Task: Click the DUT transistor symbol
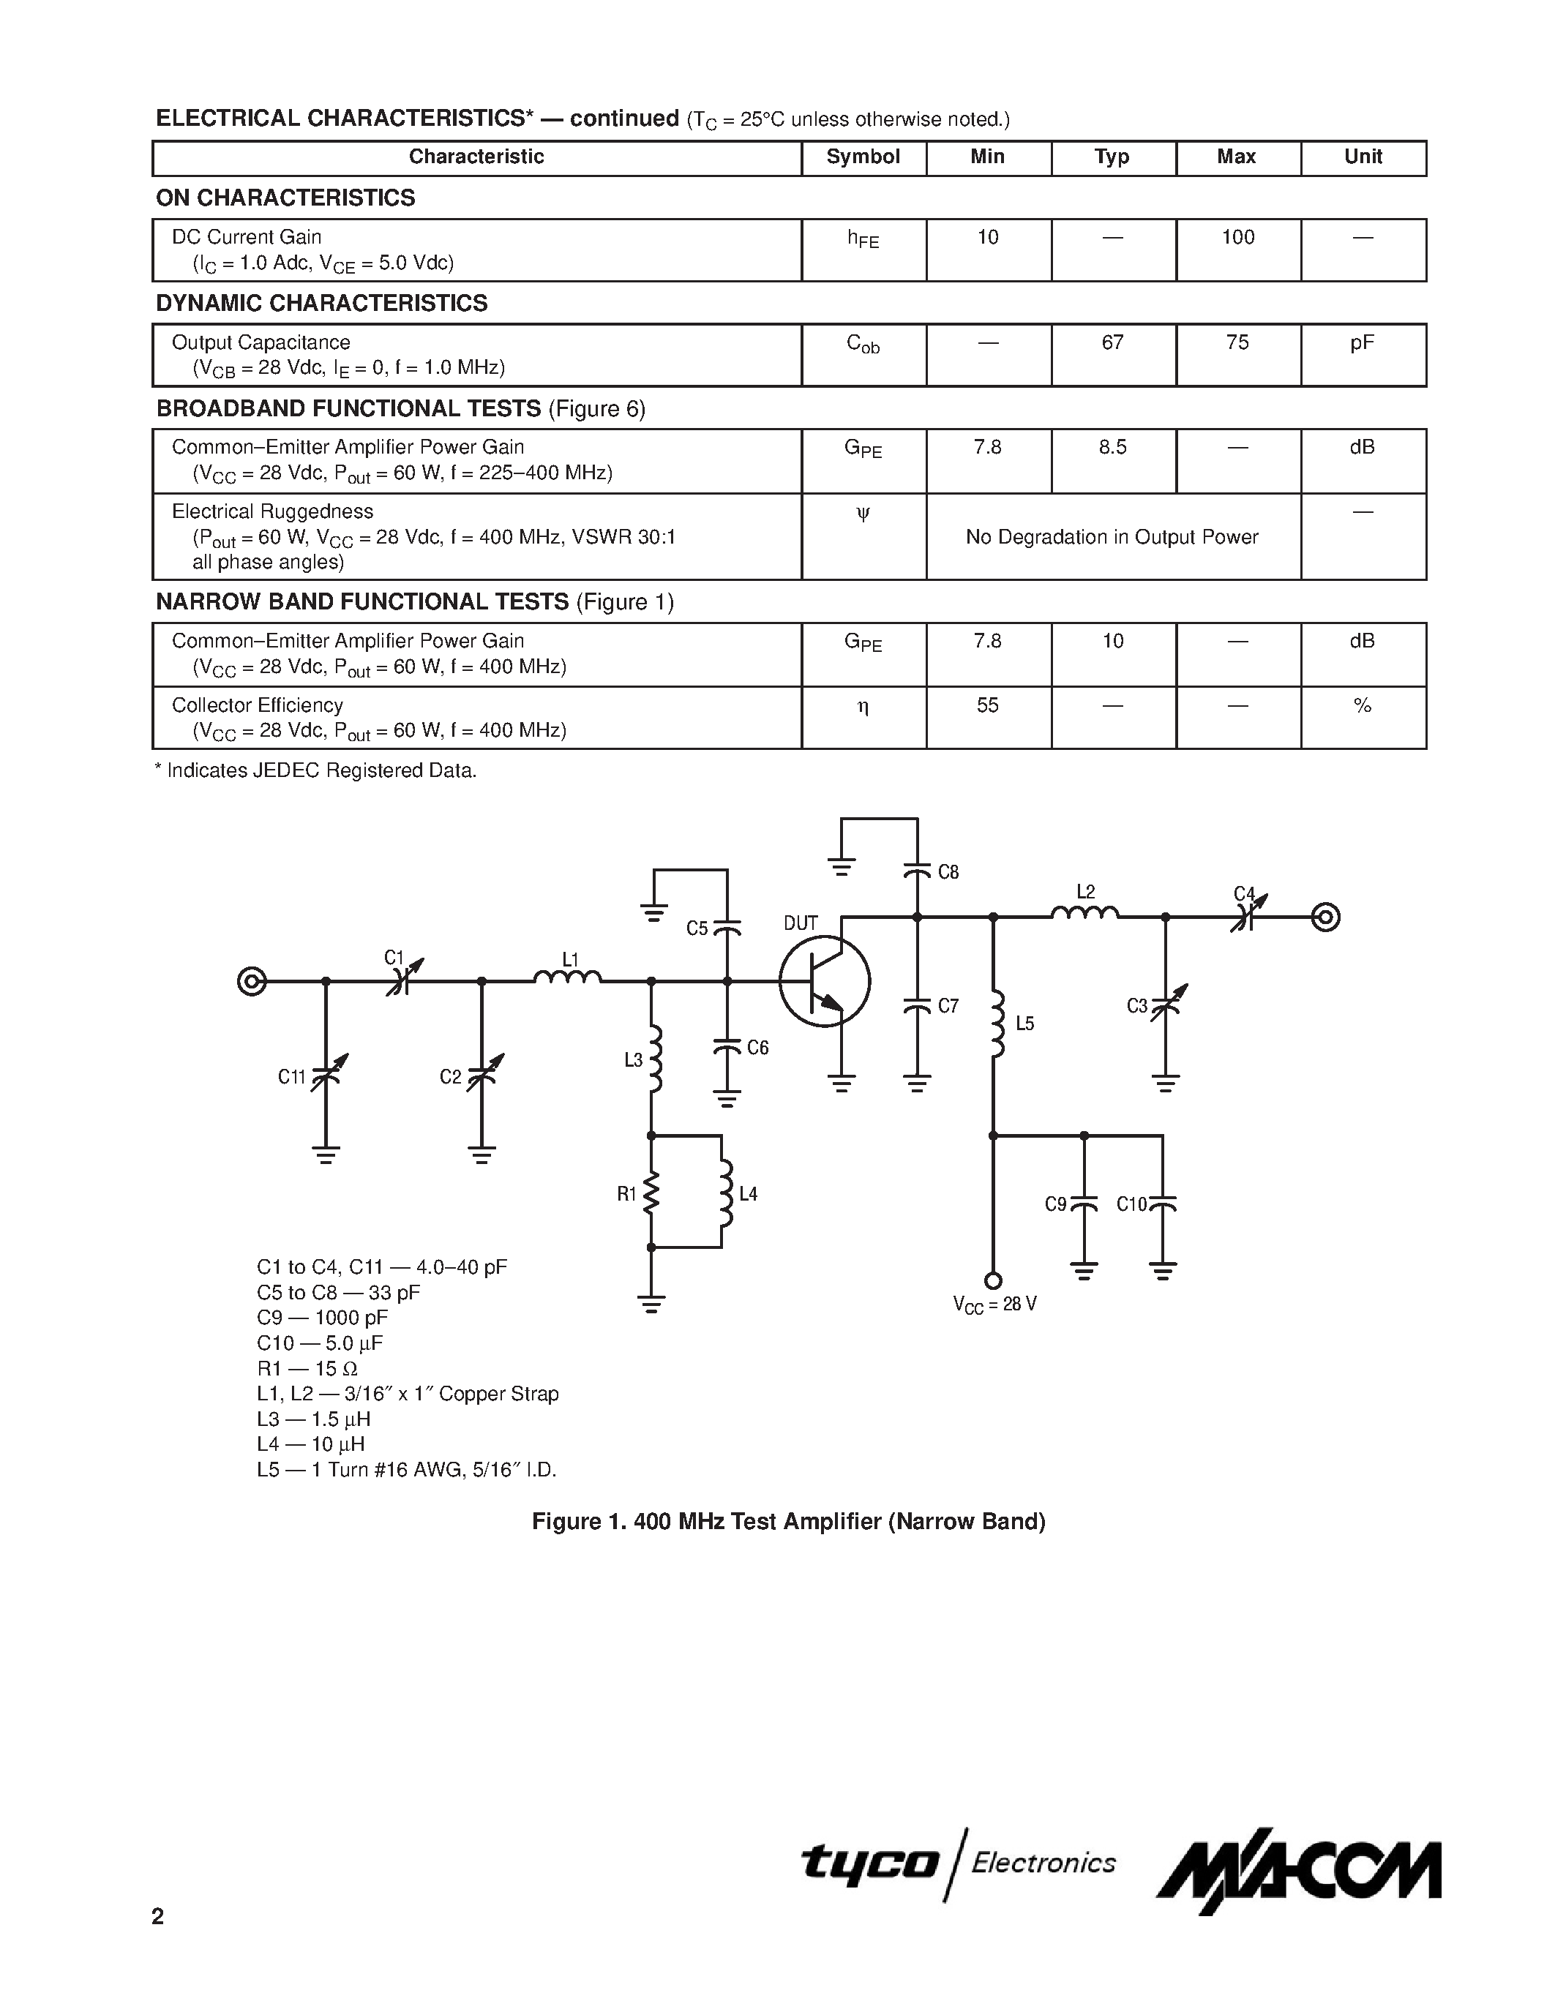coord(825,981)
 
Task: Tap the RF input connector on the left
coord(252,981)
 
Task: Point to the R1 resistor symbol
coord(651,1194)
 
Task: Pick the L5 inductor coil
coord(995,1024)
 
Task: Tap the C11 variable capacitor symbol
coord(325,1074)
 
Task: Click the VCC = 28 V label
coord(995,1305)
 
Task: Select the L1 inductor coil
coord(567,978)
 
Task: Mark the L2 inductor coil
coord(1085,913)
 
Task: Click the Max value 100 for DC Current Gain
coord(1237,238)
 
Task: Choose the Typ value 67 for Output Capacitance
coord(1113,342)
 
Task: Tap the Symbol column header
coord(863,157)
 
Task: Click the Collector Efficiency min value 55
coord(988,706)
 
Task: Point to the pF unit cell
coord(1363,342)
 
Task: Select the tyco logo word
coord(869,1863)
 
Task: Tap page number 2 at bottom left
coord(157,1917)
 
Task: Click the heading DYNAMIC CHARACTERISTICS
coord(321,303)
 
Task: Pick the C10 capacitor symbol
coord(1163,1203)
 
